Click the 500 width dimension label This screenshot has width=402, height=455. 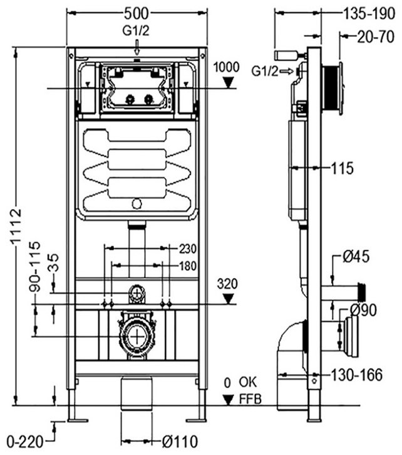click(137, 13)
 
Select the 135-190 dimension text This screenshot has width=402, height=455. click(369, 13)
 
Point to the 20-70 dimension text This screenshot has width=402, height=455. click(376, 37)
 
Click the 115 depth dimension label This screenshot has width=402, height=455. click(342, 168)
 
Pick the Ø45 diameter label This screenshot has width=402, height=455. click(356, 257)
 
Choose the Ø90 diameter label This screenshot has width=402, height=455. click(363, 309)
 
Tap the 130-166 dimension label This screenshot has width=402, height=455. click(356, 375)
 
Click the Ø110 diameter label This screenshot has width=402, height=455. click(180, 442)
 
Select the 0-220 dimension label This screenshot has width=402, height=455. click(25, 442)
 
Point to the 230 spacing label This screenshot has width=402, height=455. click(187, 249)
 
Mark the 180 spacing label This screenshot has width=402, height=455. click(187, 266)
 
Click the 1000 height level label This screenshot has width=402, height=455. click(227, 67)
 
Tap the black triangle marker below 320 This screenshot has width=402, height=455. click(229, 299)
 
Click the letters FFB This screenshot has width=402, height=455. click(250, 399)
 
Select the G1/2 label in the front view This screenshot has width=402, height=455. click(136, 31)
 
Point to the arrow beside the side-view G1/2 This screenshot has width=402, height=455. click(287, 71)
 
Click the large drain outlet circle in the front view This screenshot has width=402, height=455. click(136, 336)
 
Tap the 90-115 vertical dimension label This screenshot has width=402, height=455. click(34, 266)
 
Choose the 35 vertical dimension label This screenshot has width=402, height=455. click(53, 262)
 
